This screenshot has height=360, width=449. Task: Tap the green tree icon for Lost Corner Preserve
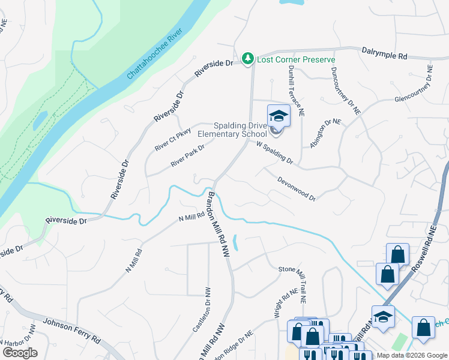(x=247, y=58)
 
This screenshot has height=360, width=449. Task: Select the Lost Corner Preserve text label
(x=296, y=59)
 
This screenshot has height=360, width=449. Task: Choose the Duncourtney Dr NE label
(x=345, y=90)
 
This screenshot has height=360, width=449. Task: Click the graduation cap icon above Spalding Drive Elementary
(x=279, y=115)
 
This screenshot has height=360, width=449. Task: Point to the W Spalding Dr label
(x=274, y=153)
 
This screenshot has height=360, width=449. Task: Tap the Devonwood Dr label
(x=296, y=188)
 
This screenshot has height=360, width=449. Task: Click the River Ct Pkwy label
(x=173, y=139)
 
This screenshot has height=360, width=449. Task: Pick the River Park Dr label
(x=188, y=155)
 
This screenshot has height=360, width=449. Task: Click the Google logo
(x=20, y=353)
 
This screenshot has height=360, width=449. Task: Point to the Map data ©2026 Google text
(x=411, y=355)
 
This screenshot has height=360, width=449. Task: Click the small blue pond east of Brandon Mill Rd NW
(x=235, y=242)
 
